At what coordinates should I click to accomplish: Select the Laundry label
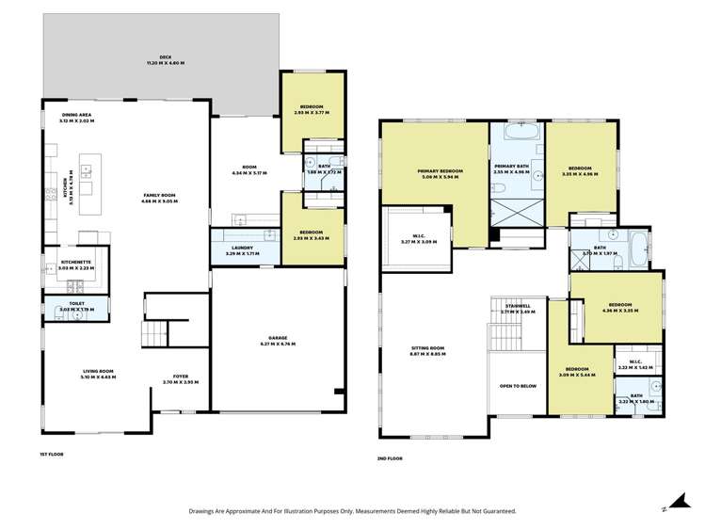(242, 250)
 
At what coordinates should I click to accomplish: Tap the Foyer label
(180, 378)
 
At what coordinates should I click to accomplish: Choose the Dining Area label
(76, 117)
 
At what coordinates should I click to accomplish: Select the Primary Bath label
(516, 168)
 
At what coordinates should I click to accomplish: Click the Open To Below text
(516, 385)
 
